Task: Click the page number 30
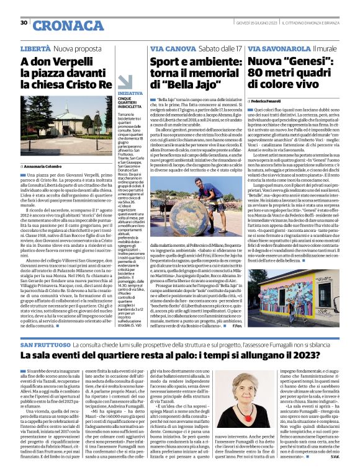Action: pos(24,23)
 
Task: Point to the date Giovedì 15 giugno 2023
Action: pos(255,23)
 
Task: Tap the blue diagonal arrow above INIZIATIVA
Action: pos(126,82)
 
